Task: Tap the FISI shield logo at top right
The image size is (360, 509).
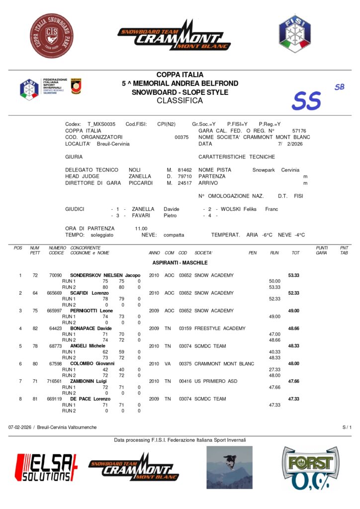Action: [294, 33]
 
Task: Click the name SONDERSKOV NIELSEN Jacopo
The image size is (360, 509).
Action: [105, 275]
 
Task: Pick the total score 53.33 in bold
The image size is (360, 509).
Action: [293, 275]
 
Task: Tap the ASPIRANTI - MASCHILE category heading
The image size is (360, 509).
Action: [180, 262]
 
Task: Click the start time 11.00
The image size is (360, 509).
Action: [141, 228]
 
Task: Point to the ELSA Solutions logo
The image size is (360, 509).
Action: [47, 467]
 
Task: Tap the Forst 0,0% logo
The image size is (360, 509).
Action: [310, 468]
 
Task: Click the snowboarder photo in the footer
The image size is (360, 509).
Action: [229, 467]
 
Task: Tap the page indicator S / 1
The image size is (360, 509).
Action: [347, 427]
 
